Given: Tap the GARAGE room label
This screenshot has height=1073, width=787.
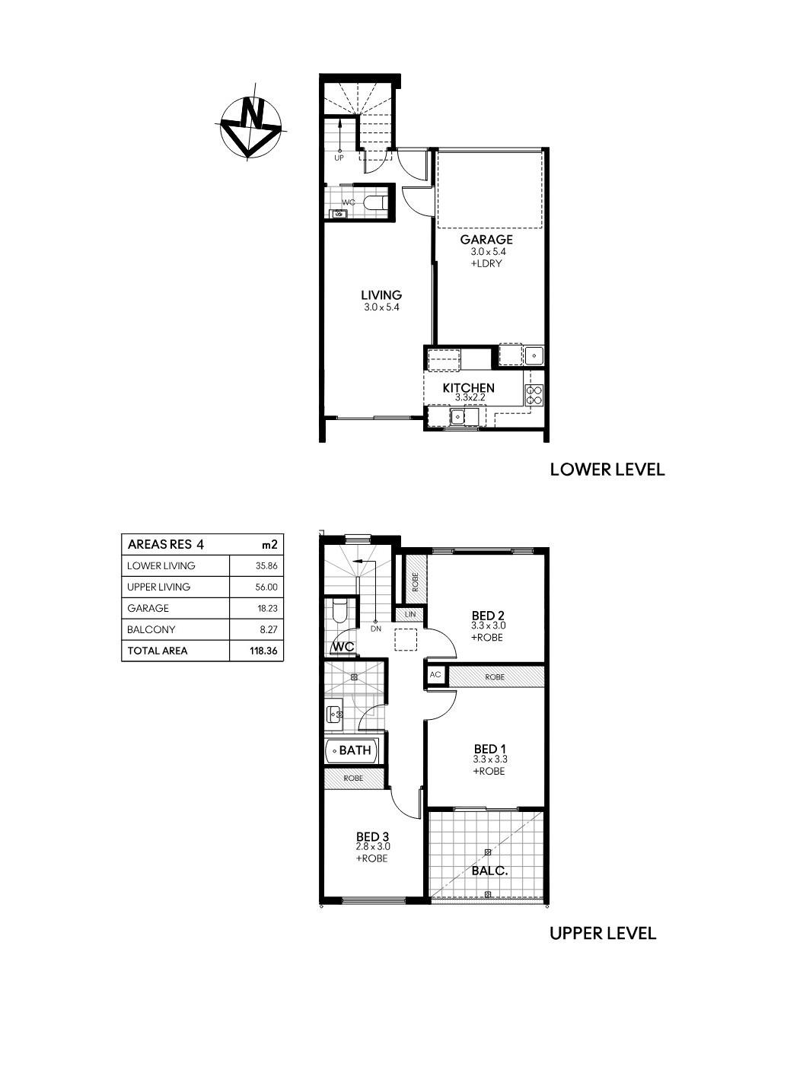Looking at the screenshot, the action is [x=486, y=239].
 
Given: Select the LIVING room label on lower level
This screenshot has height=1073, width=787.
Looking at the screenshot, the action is [x=381, y=295].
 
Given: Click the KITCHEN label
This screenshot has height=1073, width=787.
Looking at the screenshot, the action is [x=468, y=387].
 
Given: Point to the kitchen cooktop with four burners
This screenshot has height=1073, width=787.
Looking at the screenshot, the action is [x=534, y=395].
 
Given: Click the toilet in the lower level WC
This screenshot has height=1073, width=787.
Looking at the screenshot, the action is [x=374, y=203].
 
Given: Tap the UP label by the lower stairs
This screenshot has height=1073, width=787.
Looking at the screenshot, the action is [x=339, y=158].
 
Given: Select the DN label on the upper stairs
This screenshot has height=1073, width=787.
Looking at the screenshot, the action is [x=376, y=629].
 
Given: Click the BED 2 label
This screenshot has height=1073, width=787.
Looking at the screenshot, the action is [x=488, y=615].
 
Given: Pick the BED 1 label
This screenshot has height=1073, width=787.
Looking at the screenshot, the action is [x=490, y=749].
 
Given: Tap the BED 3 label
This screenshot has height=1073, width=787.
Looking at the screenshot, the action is [x=373, y=836].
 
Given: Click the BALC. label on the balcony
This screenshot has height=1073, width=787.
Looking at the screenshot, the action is [x=489, y=871].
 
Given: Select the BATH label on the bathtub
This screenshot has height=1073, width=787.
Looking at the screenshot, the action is [x=355, y=750].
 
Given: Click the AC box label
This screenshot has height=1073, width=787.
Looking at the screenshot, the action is [x=435, y=675].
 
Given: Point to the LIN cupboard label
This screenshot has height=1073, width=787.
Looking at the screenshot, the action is [x=410, y=614].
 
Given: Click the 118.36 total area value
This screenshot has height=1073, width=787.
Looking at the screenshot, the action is [x=263, y=651].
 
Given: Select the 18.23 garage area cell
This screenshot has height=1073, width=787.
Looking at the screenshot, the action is [x=266, y=608].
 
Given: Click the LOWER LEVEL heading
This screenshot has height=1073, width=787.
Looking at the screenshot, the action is [x=607, y=470].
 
